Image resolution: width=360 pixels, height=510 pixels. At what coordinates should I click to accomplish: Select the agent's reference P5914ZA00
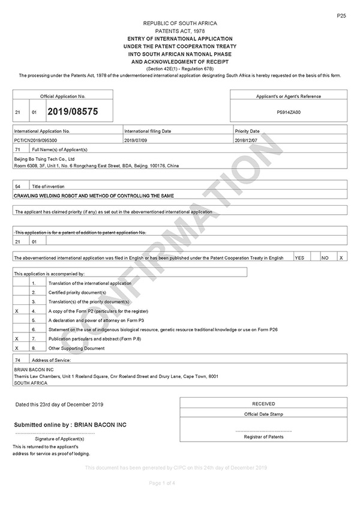pos(289,112)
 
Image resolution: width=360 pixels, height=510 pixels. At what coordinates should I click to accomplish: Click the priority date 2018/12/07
pos(248,139)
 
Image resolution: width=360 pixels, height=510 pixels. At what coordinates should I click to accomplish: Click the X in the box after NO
pos(341,257)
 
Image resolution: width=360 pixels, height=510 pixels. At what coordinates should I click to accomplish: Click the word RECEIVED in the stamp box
pos(263,404)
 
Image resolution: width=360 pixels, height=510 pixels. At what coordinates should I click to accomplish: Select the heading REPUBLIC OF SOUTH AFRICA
pos(180,23)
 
